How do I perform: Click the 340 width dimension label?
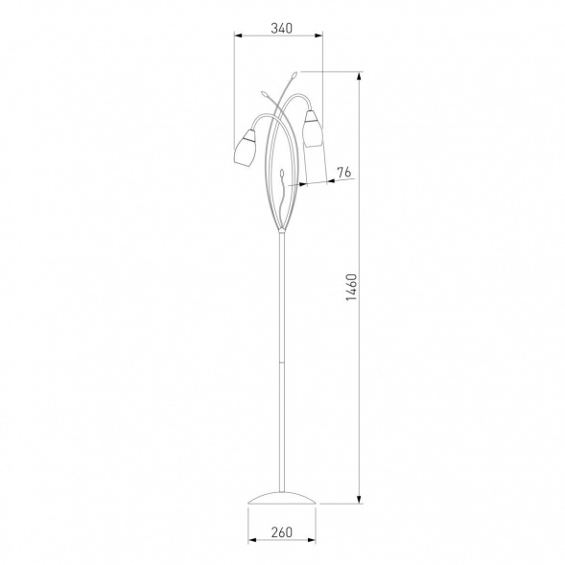pos(282,28)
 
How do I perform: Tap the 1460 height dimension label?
pos(351,288)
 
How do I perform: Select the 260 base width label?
pos(282,531)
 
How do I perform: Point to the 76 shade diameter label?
pos(343,173)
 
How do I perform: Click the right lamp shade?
pos(312,129)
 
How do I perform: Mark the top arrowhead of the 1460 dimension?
pos(359,77)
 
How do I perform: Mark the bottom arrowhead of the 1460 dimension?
pos(359,499)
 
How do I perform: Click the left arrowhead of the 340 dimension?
pos(239,35)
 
